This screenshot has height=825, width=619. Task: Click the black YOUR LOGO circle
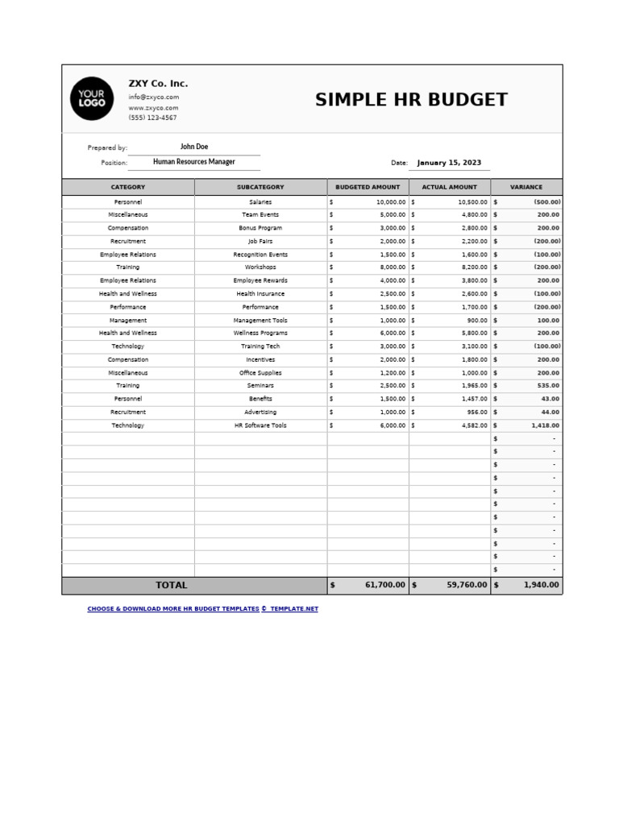coord(92,99)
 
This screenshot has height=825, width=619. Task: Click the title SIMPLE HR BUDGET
coord(411,100)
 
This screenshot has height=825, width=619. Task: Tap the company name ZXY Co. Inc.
coord(158,84)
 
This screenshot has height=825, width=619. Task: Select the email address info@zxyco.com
coord(153,97)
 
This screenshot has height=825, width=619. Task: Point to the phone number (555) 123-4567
coord(152,118)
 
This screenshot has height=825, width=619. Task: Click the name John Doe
coord(194,147)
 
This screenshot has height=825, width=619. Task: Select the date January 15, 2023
coord(449,163)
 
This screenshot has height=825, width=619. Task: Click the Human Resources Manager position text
coord(194,162)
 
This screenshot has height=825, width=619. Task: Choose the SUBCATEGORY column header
coord(260,187)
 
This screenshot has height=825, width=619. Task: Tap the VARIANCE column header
coord(526,187)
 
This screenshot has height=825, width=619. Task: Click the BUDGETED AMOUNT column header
coord(368,187)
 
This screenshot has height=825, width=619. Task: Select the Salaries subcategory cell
coord(260,202)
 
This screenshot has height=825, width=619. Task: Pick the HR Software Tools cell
coord(260,425)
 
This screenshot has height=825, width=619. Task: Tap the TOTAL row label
coord(171,586)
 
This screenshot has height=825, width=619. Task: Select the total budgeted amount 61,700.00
coord(384,586)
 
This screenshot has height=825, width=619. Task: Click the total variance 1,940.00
coord(541,586)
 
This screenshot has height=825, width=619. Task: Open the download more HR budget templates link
coord(202,609)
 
